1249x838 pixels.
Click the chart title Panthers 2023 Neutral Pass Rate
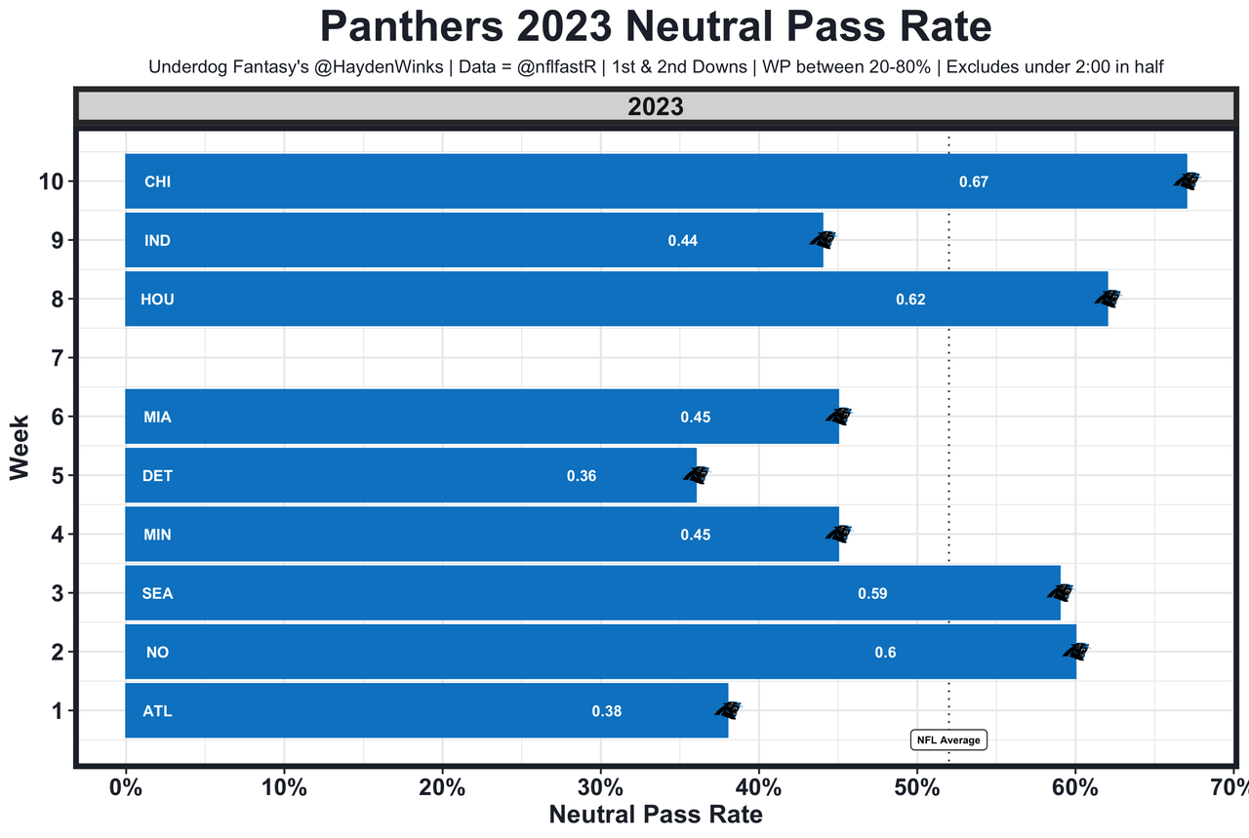tap(656, 26)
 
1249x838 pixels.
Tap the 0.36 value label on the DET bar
tap(581, 477)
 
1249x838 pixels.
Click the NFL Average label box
tap(948, 740)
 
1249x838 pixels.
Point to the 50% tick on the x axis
tap(917, 787)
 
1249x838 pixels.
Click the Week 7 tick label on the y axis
tap(57, 358)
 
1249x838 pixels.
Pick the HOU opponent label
tap(157, 299)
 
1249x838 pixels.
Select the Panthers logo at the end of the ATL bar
tap(728, 710)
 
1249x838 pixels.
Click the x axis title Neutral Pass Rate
tap(656, 815)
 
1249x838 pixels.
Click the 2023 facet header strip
tap(656, 107)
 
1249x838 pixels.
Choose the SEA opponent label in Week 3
tap(157, 593)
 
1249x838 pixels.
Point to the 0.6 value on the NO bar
tap(885, 653)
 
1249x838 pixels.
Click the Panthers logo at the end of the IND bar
tap(824, 239)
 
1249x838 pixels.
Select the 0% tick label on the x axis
tap(125, 787)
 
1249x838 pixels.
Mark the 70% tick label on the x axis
tap(1231, 787)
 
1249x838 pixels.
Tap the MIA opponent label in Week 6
tap(157, 418)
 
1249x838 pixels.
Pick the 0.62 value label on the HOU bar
tap(910, 299)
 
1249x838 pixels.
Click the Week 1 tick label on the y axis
tap(57, 711)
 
